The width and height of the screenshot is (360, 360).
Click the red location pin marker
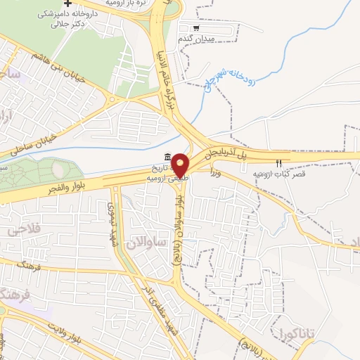(x=181, y=165)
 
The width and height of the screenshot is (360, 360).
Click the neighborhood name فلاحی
(x=25, y=230)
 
